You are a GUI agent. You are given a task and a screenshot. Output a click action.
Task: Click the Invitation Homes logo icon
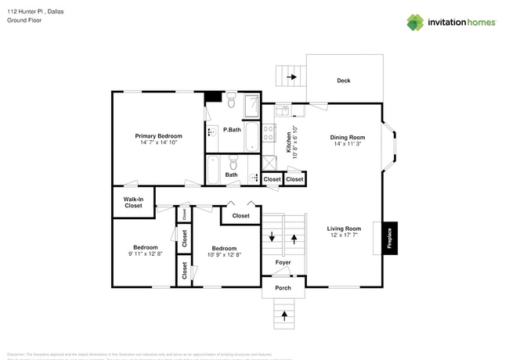(414, 22)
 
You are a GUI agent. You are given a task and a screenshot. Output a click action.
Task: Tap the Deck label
(343, 81)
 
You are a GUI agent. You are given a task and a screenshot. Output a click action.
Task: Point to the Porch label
(283, 288)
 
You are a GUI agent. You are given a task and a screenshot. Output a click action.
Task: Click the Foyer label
(283, 262)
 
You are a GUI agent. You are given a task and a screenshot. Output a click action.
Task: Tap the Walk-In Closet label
(133, 202)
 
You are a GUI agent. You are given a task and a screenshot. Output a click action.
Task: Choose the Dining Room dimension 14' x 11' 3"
(348, 144)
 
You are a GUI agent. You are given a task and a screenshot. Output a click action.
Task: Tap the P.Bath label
(231, 129)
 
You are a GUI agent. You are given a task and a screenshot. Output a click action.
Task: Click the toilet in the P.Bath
(232, 102)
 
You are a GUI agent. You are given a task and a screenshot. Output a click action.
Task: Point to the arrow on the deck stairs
(292, 77)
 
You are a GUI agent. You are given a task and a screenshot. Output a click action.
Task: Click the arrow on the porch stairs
(283, 315)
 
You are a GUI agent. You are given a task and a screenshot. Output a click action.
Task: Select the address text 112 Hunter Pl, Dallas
(34, 11)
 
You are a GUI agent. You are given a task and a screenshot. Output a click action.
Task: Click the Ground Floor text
(24, 20)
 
